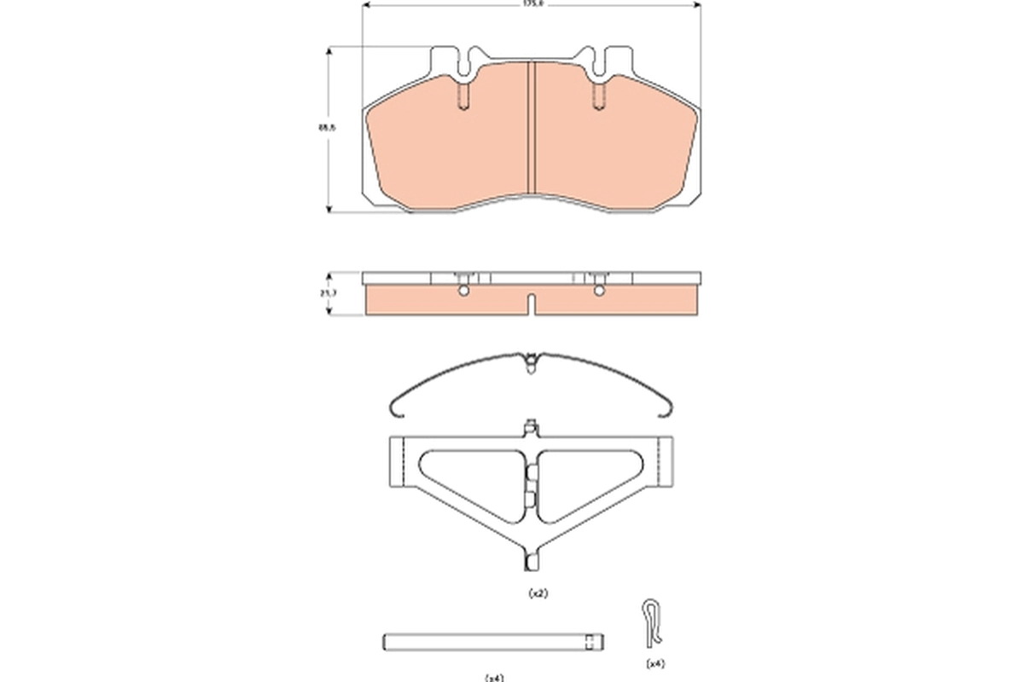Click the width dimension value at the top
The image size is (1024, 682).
[x=533, y=4]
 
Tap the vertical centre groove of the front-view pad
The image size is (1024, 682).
[x=532, y=128]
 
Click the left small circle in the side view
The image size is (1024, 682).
[x=463, y=292]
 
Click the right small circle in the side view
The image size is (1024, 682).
[x=598, y=292]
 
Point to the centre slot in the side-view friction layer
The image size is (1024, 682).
[x=532, y=303]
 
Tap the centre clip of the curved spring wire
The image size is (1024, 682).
[x=532, y=361]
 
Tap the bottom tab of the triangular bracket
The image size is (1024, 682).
[x=532, y=560]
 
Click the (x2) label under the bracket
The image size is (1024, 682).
[x=538, y=592]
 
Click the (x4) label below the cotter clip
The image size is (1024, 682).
[x=655, y=663]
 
